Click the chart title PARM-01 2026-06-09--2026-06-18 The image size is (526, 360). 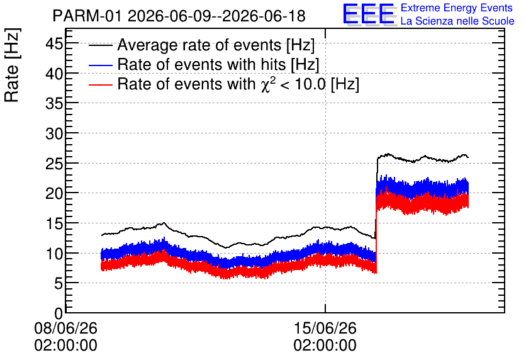pos(179,16)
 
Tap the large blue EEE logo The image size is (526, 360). pos(369,14)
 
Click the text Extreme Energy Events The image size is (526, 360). pos(457,8)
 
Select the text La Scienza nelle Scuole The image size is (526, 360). pos(457,21)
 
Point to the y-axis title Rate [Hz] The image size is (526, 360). pos(12,65)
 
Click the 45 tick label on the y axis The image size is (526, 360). pos(54,43)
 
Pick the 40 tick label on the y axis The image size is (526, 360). pos(54,74)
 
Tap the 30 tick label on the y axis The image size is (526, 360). pos(54,134)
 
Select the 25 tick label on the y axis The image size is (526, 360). pos(54,164)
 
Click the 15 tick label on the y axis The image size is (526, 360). pos(54,224)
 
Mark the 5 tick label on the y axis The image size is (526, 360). pos(59,284)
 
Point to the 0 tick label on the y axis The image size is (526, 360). pos(59,313)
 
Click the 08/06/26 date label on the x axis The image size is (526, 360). pos(65,328)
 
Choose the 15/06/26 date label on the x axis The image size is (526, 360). pos(325,328)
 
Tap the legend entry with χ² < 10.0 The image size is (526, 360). pos(238,84)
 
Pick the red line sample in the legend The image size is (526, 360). pos(100,84)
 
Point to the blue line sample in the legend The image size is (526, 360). pos(100,65)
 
